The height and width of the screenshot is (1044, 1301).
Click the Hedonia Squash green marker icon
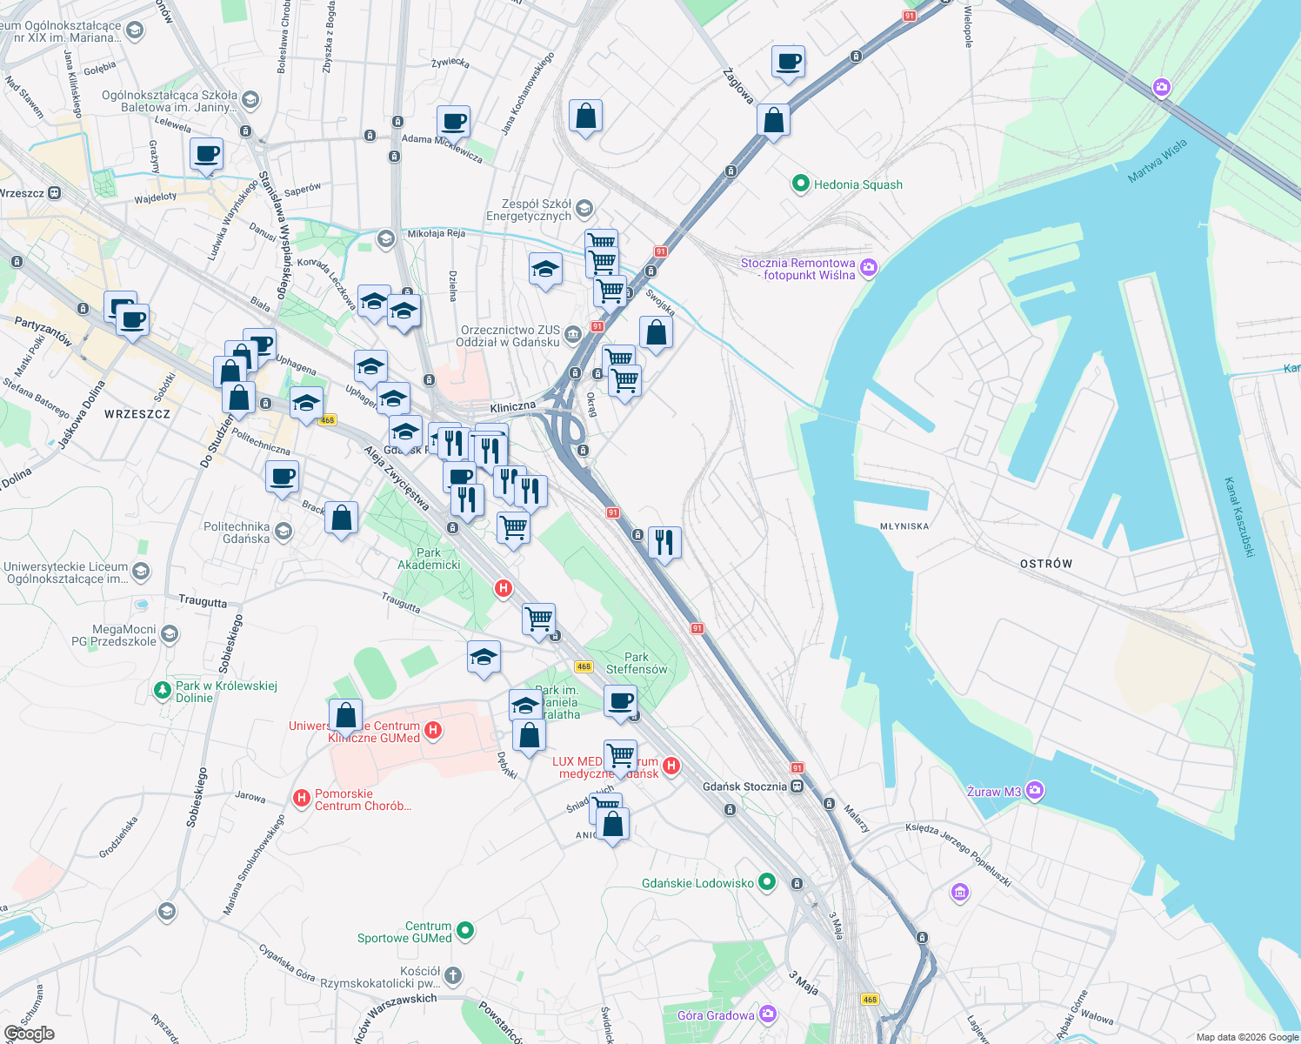click(800, 184)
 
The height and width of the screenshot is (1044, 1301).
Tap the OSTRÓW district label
click(1045, 564)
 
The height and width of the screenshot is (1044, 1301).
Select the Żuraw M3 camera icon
click(1034, 791)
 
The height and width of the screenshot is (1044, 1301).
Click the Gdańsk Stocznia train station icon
click(797, 786)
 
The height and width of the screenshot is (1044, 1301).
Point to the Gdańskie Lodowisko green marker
click(767, 882)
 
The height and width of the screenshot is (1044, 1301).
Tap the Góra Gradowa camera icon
click(767, 1014)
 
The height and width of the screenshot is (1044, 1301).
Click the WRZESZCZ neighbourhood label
click(137, 414)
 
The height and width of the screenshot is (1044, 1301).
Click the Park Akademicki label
click(429, 559)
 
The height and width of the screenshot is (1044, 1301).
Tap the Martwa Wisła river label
click(1157, 162)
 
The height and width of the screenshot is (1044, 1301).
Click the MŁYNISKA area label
click(904, 526)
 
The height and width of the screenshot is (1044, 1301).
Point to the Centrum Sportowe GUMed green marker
click(465, 931)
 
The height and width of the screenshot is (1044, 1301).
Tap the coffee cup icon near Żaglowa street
click(788, 63)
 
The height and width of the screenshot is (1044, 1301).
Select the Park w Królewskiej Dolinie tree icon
click(162, 690)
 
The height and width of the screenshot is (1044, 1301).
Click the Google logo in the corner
click(29, 1033)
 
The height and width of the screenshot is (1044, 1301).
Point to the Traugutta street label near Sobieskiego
click(203, 601)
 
